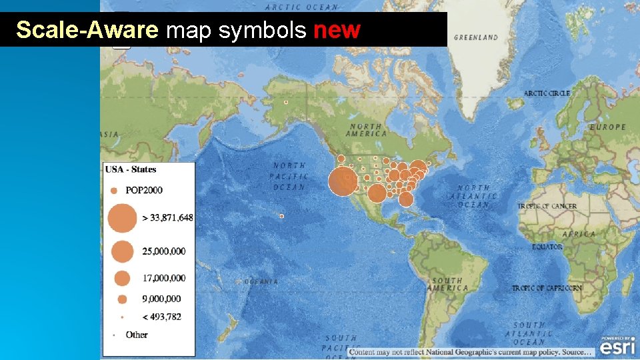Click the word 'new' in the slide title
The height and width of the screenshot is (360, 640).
pyautogui.click(x=337, y=30)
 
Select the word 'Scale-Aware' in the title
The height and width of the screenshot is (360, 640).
pyautogui.click(x=87, y=30)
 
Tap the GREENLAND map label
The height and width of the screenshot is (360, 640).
pyautogui.click(x=475, y=37)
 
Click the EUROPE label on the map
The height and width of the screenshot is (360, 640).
pyautogui.click(x=607, y=127)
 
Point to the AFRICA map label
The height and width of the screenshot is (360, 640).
pyautogui.click(x=579, y=234)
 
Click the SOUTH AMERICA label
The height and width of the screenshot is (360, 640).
pyautogui.click(x=447, y=285)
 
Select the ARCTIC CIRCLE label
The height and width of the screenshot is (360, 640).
pyautogui.click(x=547, y=93)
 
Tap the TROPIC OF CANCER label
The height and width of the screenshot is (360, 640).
pyautogui.click(x=547, y=206)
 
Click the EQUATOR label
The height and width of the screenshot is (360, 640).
pyautogui.click(x=547, y=247)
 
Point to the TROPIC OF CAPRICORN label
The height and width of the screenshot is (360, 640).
pyautogui.click(x=547, y=288)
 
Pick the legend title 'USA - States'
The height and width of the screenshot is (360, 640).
pyautogui.click(x=131, y=169)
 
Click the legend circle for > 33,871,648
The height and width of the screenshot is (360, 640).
pyautogui.click(x=121, y=217)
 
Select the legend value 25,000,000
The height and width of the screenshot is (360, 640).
pyautogui.click(x=164, y=251)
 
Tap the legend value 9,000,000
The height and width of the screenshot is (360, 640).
pyautogui.click(x=161, y=299)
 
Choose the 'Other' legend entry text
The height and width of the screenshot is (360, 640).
pyautogui.click(x=137, y=335)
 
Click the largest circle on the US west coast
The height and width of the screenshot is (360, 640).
pyautogui.click(x=343, y=181)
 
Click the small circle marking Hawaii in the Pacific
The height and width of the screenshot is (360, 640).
pyautogui.click(x=282, y=216)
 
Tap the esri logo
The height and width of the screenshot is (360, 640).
pyautogui.click(x=618, y=347)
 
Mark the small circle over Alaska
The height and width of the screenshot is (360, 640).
pyautogui.click(x=286, y=102)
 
